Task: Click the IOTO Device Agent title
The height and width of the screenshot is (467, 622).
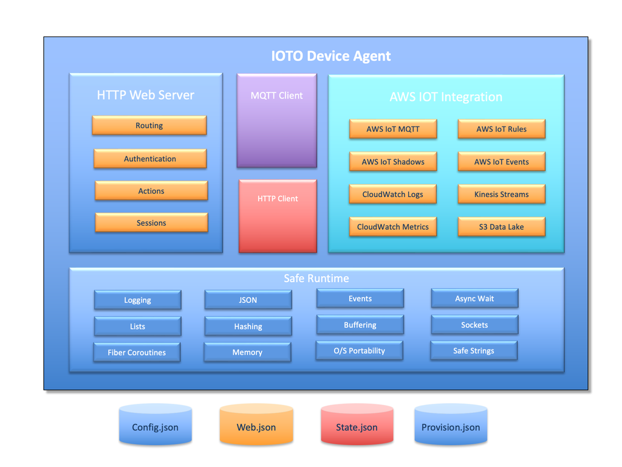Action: point(331,57)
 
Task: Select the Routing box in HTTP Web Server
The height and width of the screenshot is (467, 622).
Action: point(149,125)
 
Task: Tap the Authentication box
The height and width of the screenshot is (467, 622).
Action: point(150,159)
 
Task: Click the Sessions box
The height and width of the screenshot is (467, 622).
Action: point(151,223)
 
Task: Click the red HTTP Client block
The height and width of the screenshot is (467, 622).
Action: point(278,216)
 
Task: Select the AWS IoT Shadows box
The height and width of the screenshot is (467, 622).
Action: point(393,162)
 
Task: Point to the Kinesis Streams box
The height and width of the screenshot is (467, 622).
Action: point(501,195)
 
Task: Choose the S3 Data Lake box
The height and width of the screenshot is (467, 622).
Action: point(501,227)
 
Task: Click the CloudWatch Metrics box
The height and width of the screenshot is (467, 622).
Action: point(393,227)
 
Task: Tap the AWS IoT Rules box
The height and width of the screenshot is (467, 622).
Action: point(501,129)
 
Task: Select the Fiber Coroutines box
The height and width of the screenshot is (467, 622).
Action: point(137,353)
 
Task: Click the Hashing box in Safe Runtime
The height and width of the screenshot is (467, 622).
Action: point(248,327)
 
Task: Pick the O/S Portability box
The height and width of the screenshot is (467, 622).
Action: point(360,351)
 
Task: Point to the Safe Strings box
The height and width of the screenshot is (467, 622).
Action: point(474,351)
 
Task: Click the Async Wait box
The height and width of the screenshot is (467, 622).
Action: point(474,299)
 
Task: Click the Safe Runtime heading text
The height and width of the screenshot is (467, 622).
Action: point(316,278)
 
